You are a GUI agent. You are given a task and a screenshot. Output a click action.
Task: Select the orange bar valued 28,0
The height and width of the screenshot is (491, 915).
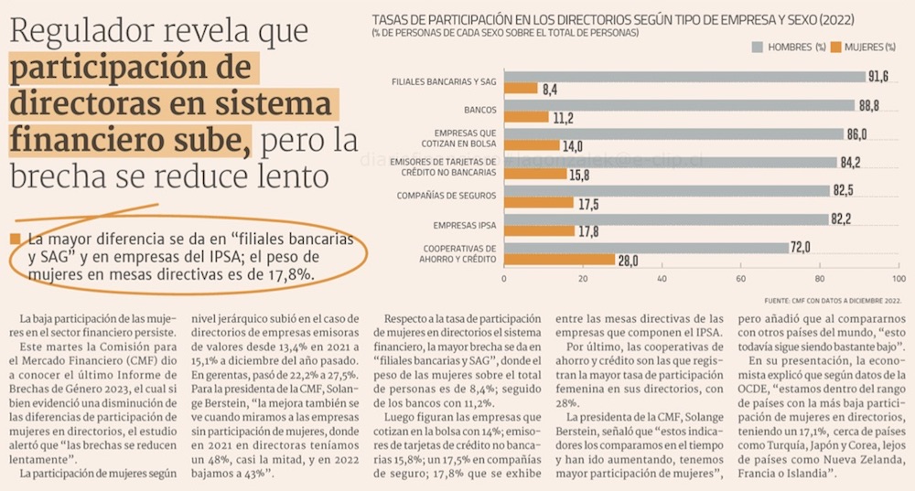tap(559, 261)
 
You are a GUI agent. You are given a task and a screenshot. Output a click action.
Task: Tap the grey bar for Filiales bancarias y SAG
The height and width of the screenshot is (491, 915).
tap(686, 77)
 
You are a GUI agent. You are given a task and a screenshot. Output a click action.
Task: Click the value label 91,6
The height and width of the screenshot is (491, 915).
tap(880, 77)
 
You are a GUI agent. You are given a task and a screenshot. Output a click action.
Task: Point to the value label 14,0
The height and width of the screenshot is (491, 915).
tap(573, 145)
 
